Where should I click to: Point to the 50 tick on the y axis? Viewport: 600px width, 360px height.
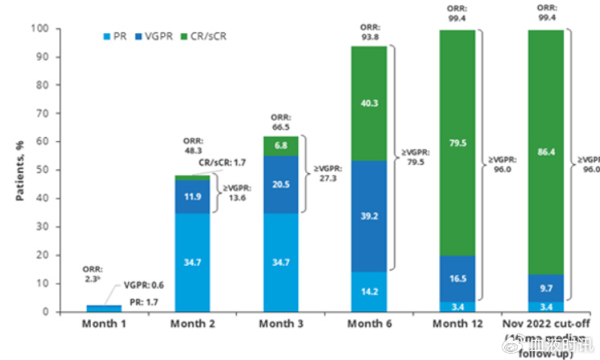68,171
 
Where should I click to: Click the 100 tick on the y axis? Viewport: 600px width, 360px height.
65,29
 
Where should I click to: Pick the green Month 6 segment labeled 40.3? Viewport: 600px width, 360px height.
368,102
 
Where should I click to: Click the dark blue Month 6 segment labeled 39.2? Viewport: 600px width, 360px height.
368,216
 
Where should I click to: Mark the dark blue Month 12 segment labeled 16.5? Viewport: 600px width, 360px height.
456,279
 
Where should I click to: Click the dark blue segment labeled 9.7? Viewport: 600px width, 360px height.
546,288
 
